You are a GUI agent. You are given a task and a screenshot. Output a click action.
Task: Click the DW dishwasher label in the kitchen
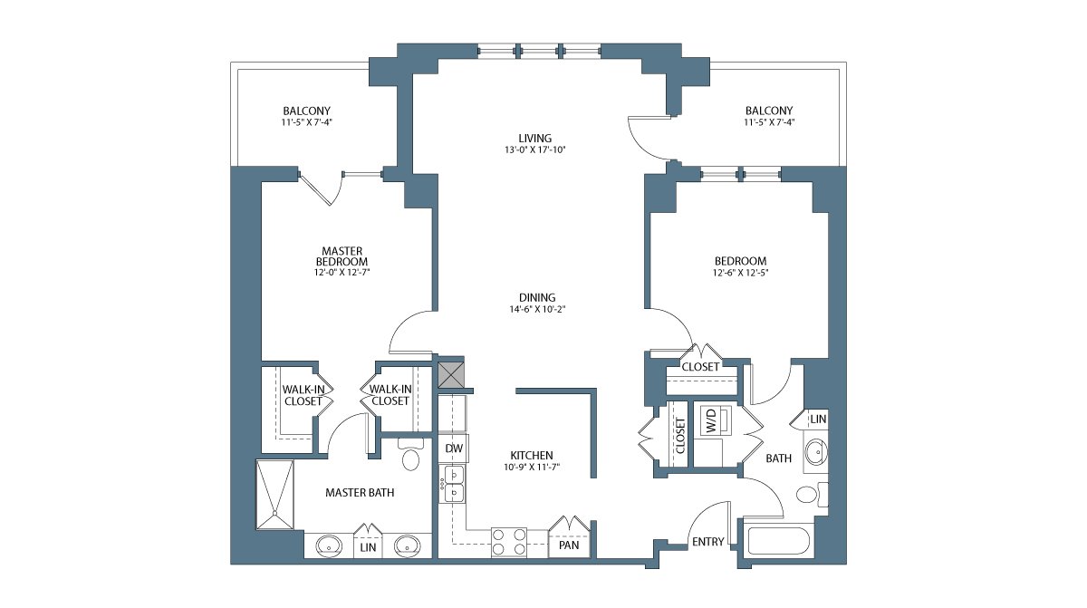[x=454, y=448]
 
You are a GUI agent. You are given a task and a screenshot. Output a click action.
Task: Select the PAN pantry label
[x=569, y=545]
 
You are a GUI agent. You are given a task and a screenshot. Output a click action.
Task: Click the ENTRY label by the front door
[x=708, y=542]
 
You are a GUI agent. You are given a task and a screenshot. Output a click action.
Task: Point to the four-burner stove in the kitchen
[x=508, y=542]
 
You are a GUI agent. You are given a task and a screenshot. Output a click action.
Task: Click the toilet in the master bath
[x=411, y=455]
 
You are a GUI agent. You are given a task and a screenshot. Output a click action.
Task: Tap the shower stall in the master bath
[x=274, y=495]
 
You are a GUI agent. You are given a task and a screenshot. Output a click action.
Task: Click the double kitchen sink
[x=452, y=484]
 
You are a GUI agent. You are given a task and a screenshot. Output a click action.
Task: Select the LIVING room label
[x=534, y=139]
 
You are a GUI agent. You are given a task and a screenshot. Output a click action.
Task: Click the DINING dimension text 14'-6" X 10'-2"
[x=537, y=309]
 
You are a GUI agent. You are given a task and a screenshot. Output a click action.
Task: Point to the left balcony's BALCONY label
[x=307, y=111]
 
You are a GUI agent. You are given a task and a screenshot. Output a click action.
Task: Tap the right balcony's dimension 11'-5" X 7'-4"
[x=769, y=122]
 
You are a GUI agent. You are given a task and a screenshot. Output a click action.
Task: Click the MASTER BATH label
[x=360, y=493]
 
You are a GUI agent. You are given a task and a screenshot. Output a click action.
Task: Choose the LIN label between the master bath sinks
[x=368, y=547]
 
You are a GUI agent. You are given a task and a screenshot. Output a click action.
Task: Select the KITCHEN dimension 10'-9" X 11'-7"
[x=532, y=468]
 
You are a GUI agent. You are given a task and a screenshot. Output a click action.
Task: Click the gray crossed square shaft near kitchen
[x=451, y=374]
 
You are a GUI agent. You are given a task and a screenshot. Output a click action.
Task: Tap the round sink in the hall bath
[x=816, y=453]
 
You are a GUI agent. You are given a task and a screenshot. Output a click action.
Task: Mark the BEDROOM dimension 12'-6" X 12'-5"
[x=741, y=273]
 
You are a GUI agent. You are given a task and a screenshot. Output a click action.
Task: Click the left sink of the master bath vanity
[x=329, y=545]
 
